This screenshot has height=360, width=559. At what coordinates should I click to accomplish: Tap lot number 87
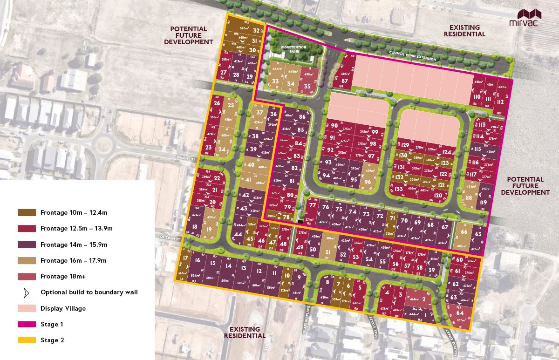click(345, 80)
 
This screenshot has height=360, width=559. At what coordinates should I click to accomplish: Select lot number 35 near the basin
click(307, 86)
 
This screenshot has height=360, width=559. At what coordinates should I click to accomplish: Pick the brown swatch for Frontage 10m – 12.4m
click(27, 212)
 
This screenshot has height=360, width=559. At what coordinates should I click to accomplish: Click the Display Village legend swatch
click(27, 308)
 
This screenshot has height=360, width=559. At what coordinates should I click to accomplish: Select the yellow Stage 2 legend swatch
click(27, 340)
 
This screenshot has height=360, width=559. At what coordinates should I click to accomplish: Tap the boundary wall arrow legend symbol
click(27, 292)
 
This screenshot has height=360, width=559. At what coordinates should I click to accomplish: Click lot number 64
click(460, 313)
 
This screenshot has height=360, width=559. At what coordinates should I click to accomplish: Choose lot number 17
click(185, 258)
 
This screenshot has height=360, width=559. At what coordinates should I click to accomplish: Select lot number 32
click(257, 31)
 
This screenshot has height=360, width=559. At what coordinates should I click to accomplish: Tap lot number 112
click(500, 102)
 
